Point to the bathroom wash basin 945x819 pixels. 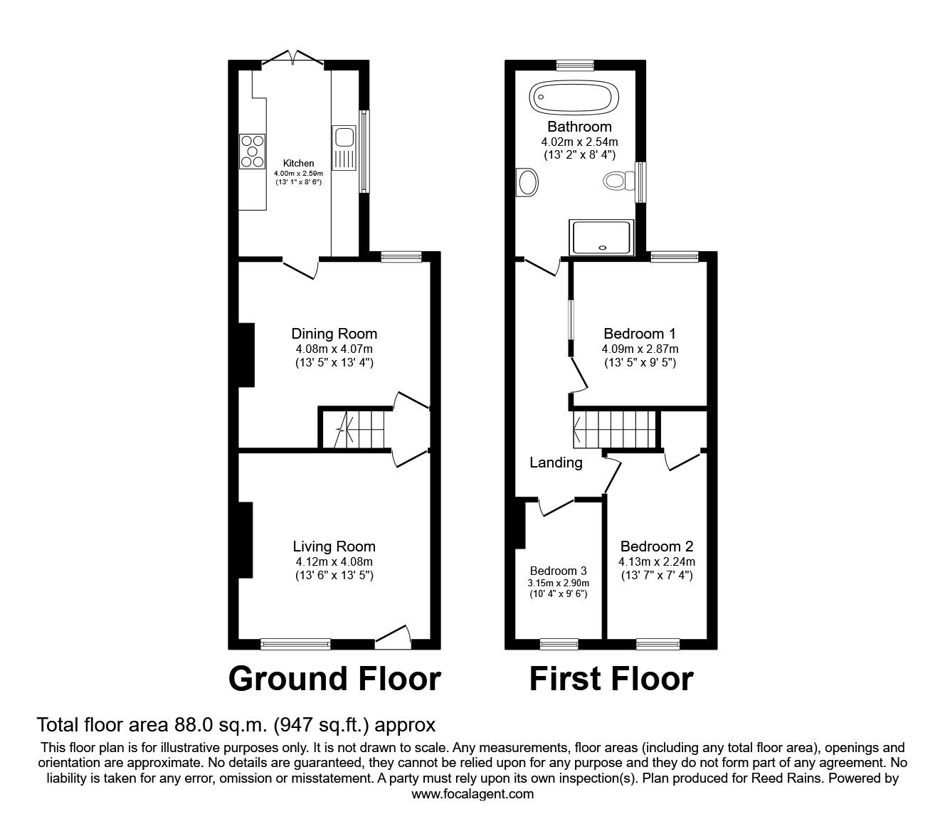coord(528,182)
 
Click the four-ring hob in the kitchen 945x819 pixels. coord(252,151)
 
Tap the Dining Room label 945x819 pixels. coord(334,334)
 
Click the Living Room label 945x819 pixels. coord(334,546)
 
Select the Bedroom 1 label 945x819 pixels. coord(640,334)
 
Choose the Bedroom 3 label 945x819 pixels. coord(558,571)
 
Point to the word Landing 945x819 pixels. coord(556,463)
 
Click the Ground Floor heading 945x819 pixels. coord(334,679)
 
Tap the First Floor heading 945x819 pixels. coord(611,679)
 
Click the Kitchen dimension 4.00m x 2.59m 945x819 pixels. coord(298,173)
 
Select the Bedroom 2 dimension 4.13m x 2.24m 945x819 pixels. coord(656,561)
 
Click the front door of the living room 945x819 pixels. coord(393,638)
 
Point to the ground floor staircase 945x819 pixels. coord(354,429)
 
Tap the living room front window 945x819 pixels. coord(295,645)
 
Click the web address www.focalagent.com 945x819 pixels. coord(472,794)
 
